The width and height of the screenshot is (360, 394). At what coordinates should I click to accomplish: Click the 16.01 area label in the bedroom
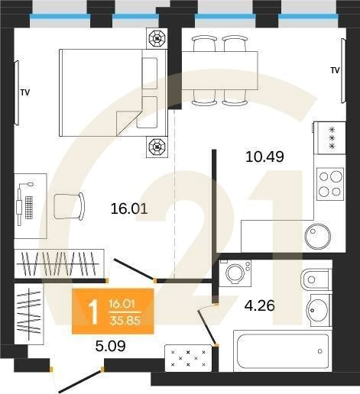point(129,207)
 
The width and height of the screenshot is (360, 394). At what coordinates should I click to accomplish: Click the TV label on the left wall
point(25,92)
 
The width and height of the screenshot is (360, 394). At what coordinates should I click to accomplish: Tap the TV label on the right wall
point(335,70)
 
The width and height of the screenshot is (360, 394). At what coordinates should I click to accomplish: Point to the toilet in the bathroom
point(314,281)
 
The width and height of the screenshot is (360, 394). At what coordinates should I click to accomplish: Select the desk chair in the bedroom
point(70,206)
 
